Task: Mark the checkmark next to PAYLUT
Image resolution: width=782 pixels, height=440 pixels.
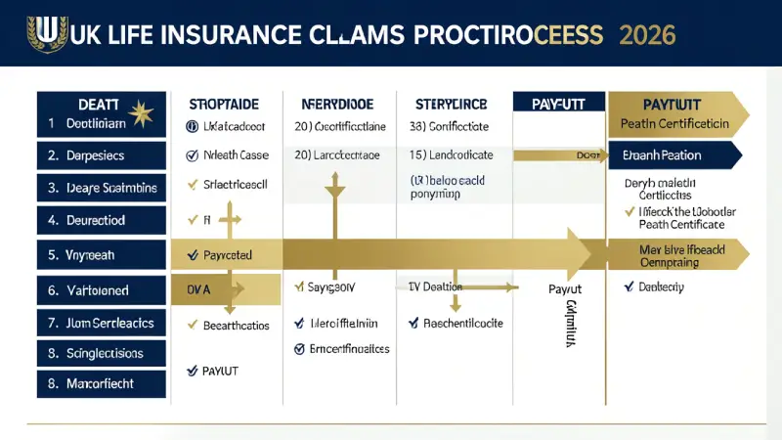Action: (x=192, y=371)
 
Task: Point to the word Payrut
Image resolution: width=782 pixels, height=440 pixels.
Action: (x=564, y=289)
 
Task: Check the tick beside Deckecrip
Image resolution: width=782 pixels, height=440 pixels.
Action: (x=629, y=287)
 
